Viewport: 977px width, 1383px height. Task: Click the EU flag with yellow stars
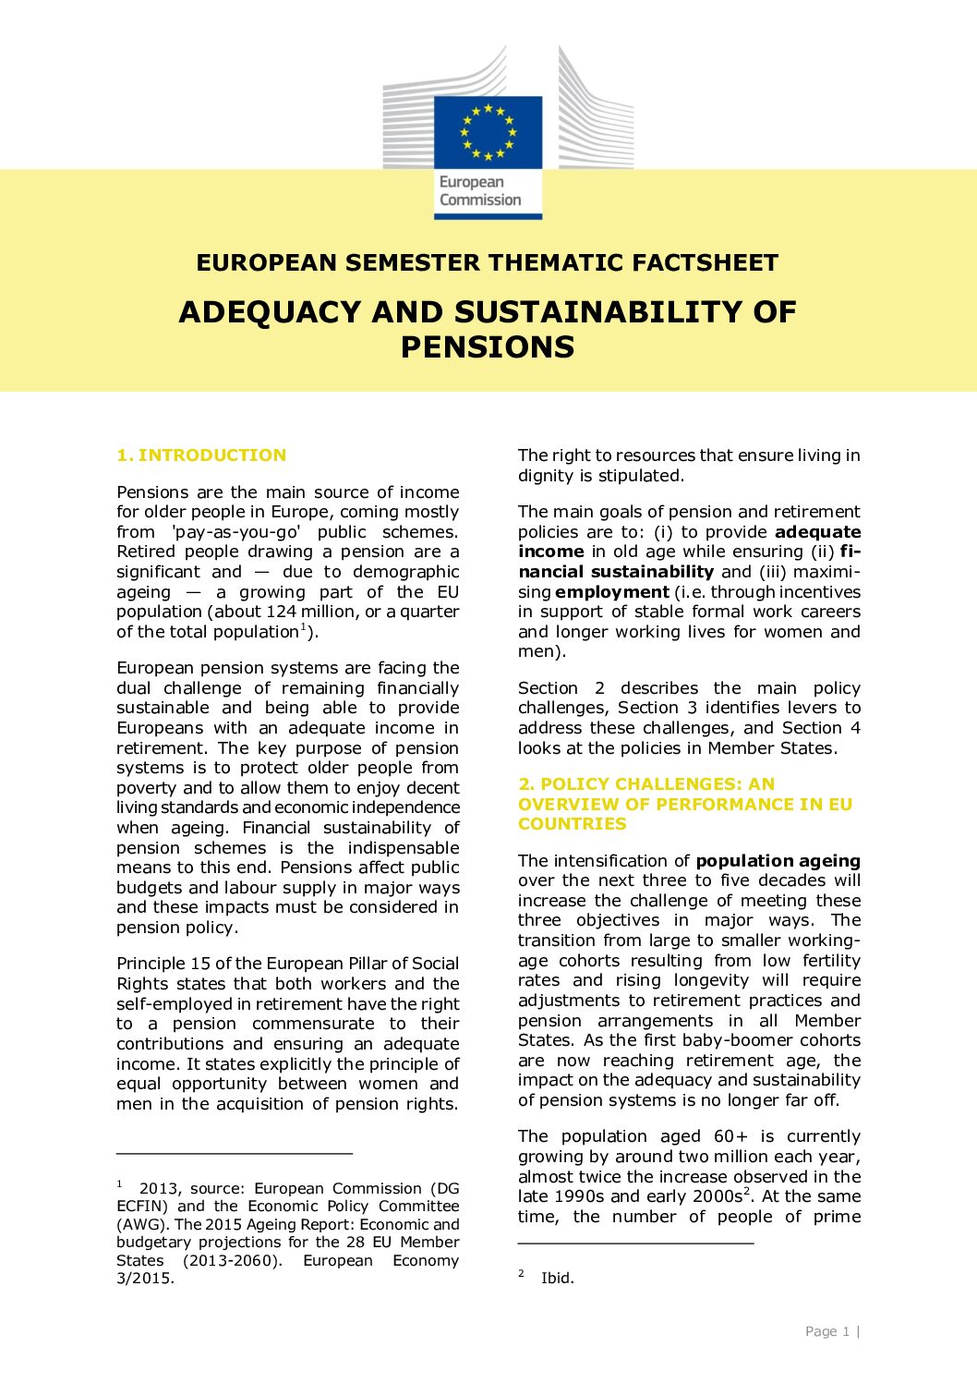click(x=488, y=131)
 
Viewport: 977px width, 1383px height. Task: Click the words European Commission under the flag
click(x=480, y=191)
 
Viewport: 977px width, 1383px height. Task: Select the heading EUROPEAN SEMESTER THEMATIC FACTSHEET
click(x=488, y=263)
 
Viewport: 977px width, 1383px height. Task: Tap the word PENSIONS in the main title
click(x=488, y=347)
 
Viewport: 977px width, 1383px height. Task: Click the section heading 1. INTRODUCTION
click(x=201, y=455)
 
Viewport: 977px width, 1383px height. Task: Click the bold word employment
click(x=611, y=592)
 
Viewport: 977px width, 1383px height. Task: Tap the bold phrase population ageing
click(x=778, y=861)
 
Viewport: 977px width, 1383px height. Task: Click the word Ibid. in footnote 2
click(x=557, y=1279)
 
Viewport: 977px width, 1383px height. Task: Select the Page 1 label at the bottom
click(x=826, y=1331)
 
